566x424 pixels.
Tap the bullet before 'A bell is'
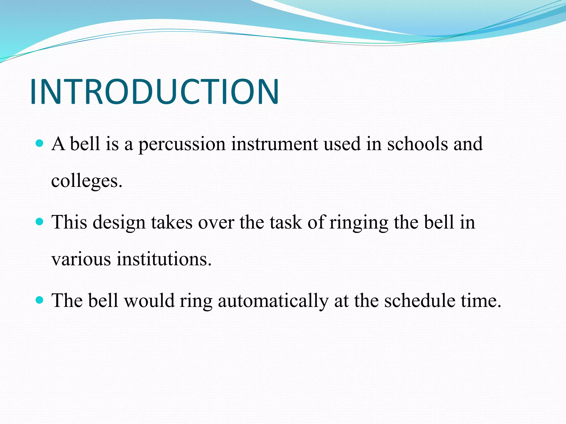pyautogui.click(x=40, y=143)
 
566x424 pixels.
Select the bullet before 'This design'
pyautogui.click(x=40, y=221)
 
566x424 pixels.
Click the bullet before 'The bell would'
pyautogui.click(x=40, y=300)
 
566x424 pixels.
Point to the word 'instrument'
pyautogui.click(x=274, y=144)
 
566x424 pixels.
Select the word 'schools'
pyautogui.click(x=417, y=144)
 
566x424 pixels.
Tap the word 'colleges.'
pyautogui.click(x=87, y=182)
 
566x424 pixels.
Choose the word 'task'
pyautogui.click(x=286, y=222)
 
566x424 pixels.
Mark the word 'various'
pyautogui.click(x=81, y=259)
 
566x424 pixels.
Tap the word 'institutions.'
pyautogui.click(x=164, y=259)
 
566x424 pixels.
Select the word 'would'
pyautogui.click(x=149, y=301)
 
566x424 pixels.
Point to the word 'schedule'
pyautogui.click(x=420, y=301)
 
